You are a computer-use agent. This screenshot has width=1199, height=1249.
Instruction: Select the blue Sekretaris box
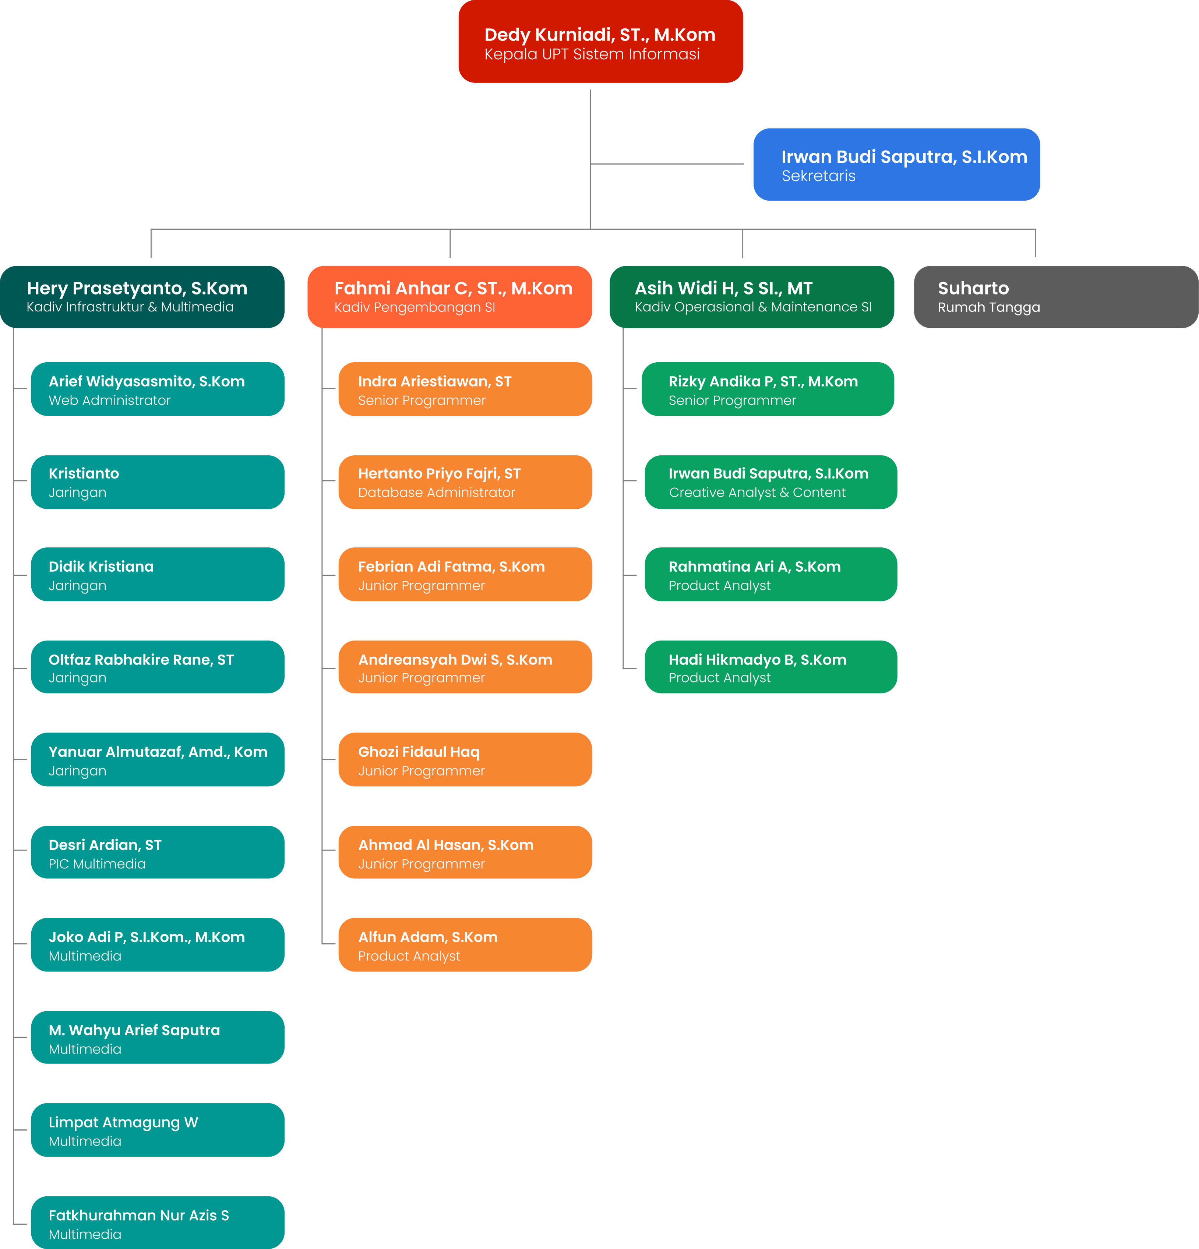click(896, 165)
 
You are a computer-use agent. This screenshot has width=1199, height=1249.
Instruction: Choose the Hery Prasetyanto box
click(142, 297)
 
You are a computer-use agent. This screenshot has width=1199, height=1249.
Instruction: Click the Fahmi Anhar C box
click(449, 297)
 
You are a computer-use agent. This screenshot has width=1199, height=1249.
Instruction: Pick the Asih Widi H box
click(751, 297)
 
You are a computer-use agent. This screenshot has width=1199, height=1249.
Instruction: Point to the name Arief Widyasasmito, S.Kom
click(147, 381)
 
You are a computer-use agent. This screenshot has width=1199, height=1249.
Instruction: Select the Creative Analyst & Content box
click(770, 482)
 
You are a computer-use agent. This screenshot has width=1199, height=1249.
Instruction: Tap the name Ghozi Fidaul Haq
click(419, 752)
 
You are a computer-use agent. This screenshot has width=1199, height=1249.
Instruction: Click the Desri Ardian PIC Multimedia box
click(158, 853)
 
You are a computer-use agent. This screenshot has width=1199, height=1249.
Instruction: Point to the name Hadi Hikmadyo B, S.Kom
click(757, 660)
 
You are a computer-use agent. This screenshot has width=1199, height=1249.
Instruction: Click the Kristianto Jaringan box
click(158, 482)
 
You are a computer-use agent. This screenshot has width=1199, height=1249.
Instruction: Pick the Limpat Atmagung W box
click(158, 1130)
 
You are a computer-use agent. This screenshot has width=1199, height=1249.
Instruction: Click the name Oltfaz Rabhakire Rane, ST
click(141, 660)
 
